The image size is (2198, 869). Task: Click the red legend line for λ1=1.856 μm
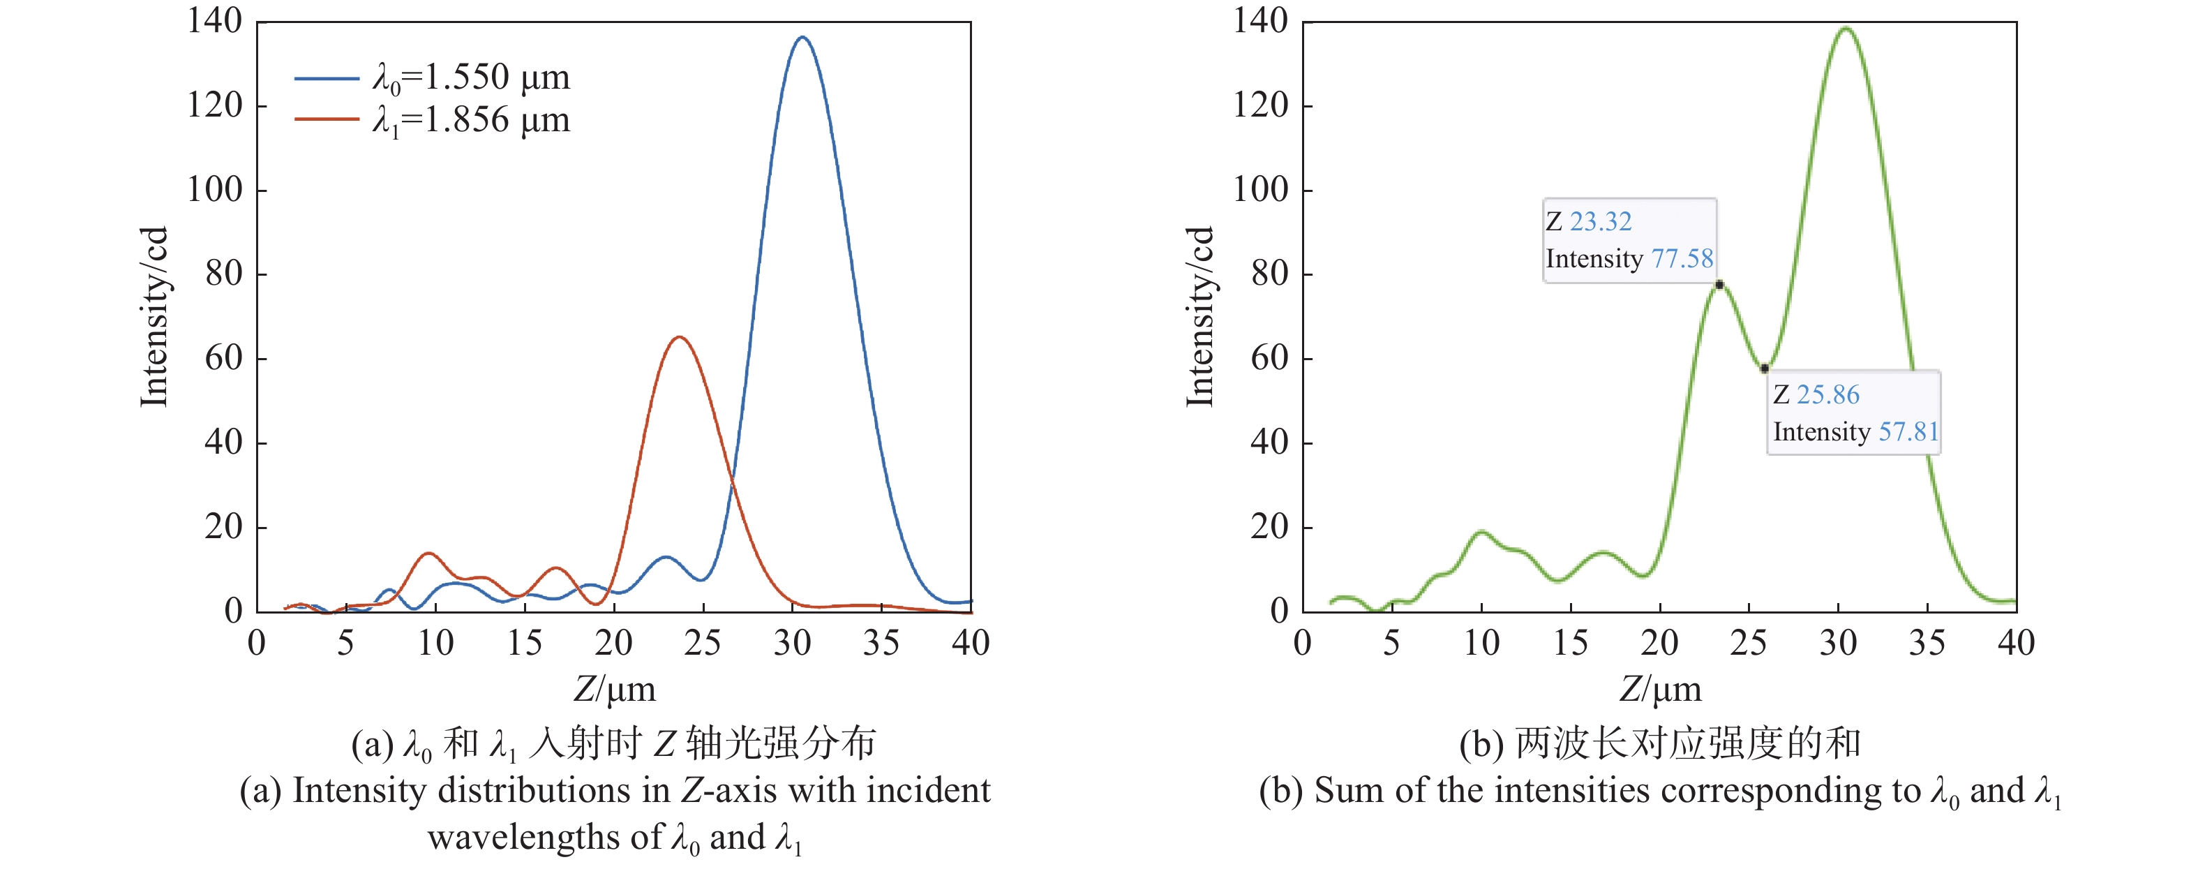[326, 119]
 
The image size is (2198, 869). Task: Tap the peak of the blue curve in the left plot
[802, 38]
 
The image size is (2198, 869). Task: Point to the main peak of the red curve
[679, 337]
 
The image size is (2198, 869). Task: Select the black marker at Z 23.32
[1719, 284]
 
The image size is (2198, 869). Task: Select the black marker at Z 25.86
[1765, 368]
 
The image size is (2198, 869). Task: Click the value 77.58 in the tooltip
[1682, 259]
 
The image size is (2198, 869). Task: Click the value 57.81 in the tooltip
[1908, 432]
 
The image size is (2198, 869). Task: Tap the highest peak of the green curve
[1846, 28]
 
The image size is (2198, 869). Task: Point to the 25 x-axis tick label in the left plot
[702, 643]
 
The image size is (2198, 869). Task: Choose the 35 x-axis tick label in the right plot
[1927, 643]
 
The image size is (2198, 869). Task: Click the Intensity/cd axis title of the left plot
[154, 317]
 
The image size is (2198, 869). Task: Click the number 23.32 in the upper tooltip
[1600, 222]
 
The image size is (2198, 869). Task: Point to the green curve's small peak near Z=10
[1481, 532]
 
